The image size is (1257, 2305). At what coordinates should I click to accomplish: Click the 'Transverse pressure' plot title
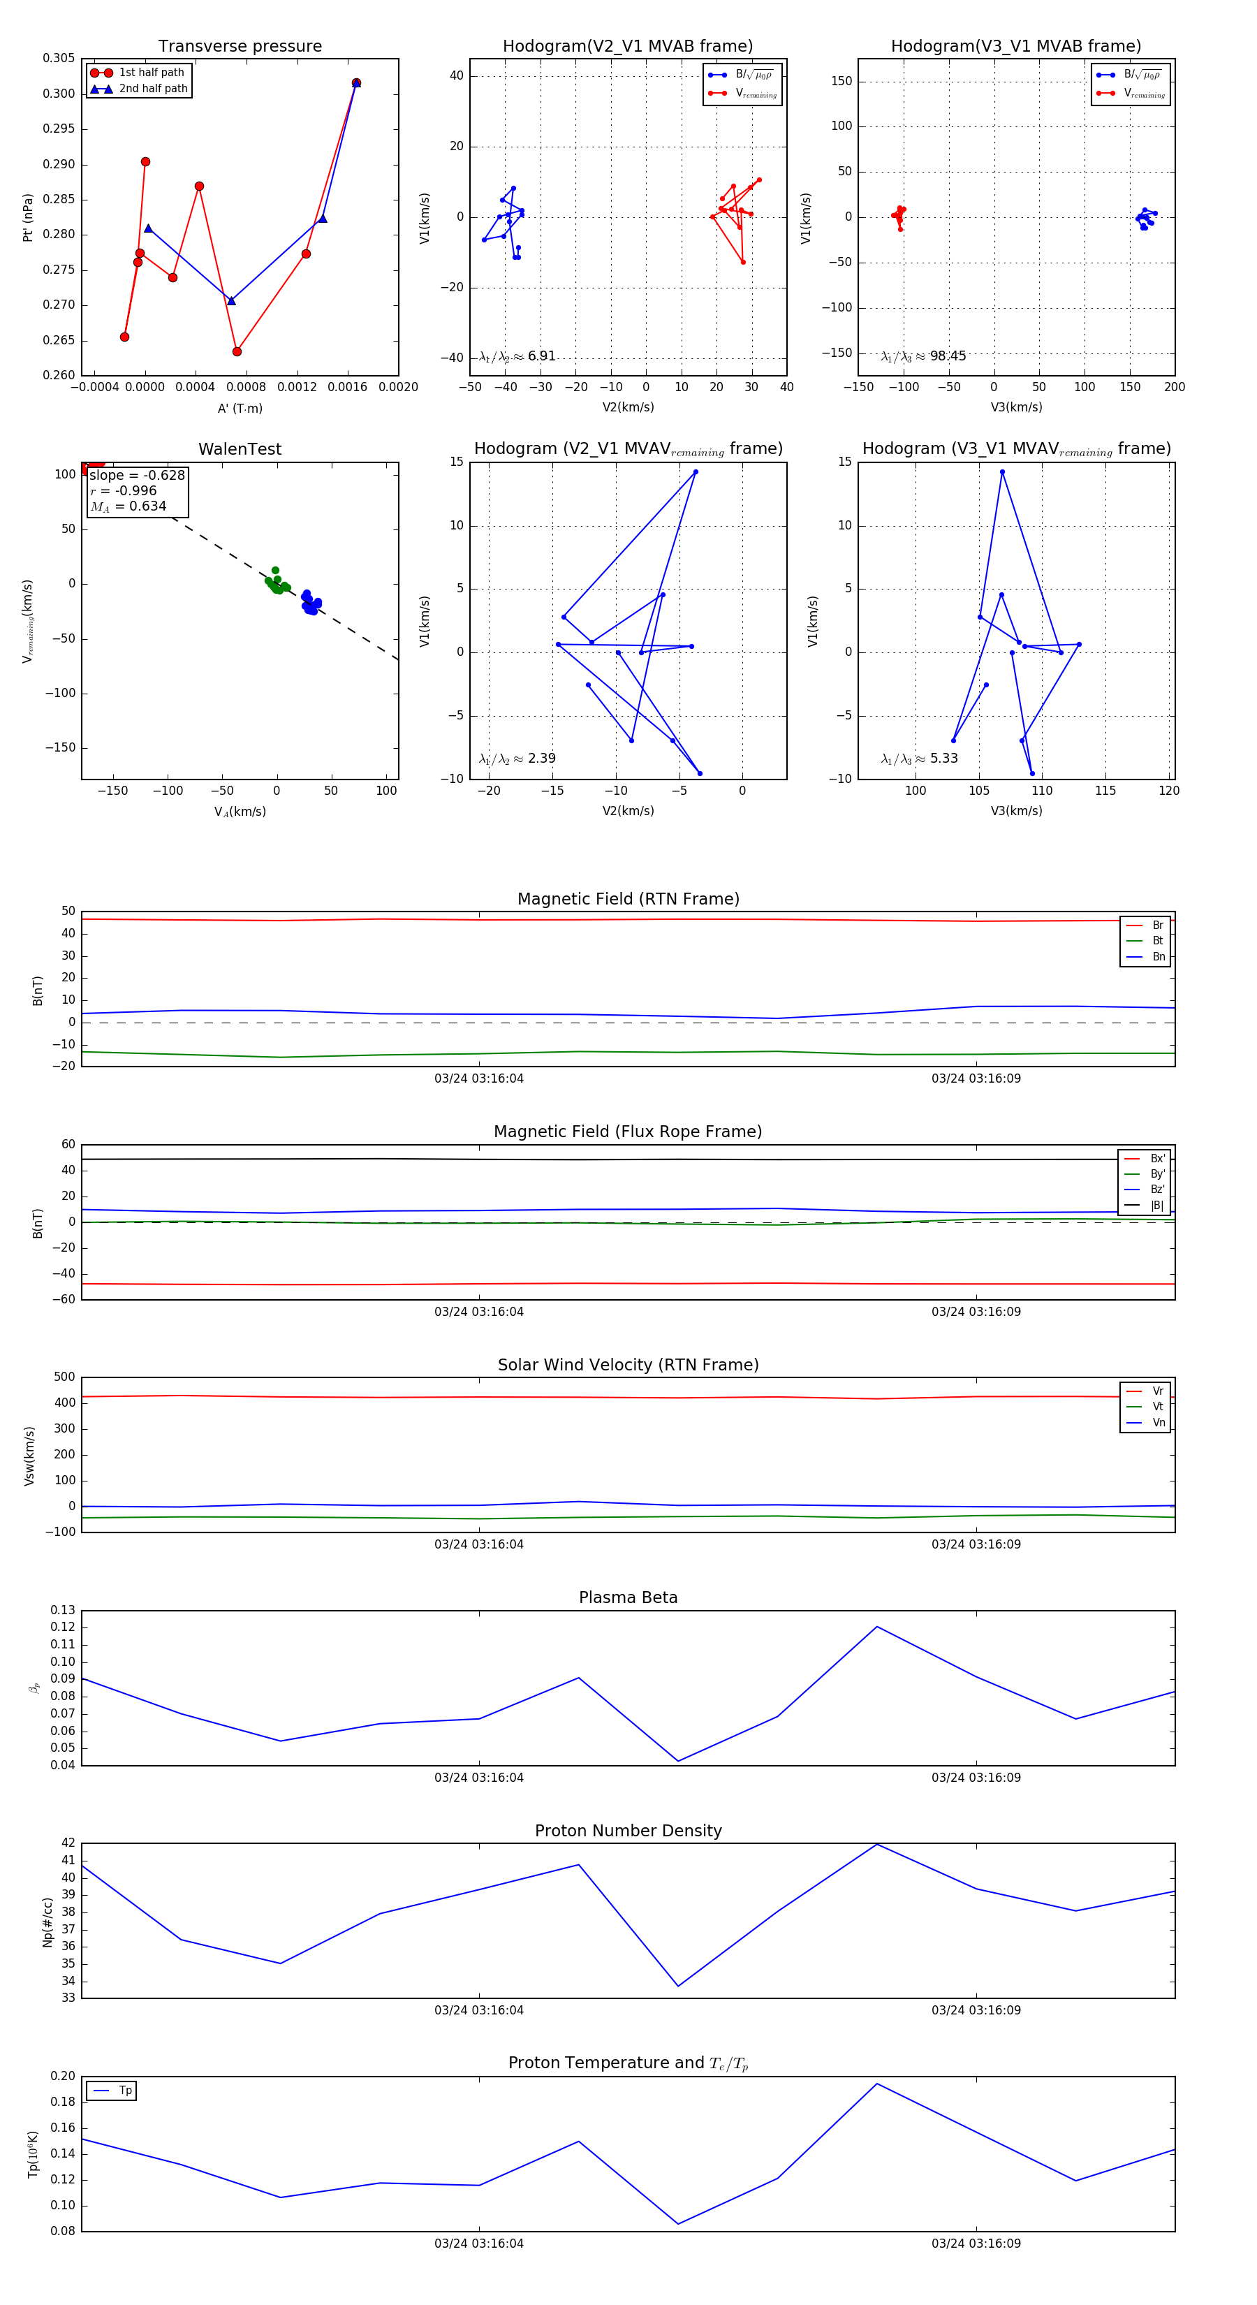click(240, 47)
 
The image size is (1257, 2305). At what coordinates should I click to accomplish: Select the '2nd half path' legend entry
click(153, 89)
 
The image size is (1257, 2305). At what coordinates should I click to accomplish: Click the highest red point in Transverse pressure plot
click(356, 83)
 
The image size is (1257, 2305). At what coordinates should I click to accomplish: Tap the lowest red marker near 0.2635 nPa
click(237, 351)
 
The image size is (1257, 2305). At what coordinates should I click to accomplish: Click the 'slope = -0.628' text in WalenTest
click(137, 475)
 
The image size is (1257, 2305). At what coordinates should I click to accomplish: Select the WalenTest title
click(240, 449)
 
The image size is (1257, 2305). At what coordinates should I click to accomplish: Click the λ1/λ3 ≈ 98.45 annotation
click(923, 356)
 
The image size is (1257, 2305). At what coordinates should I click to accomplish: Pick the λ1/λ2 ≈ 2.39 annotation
click(517, 759)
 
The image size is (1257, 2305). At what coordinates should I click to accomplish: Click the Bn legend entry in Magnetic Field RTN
click(1158, 956)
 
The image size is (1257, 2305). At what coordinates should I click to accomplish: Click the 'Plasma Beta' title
click(628, 1597)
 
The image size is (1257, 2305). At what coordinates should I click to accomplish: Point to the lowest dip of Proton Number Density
click(678, 1986)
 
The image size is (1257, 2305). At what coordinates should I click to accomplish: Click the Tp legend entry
click(124, 2091)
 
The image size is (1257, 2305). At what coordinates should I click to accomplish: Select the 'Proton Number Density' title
click(628, 1831)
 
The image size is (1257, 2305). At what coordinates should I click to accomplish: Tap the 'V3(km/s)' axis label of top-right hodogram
click(1015, 407)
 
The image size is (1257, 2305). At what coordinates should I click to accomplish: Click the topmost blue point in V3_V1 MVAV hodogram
click(1002, 471)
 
